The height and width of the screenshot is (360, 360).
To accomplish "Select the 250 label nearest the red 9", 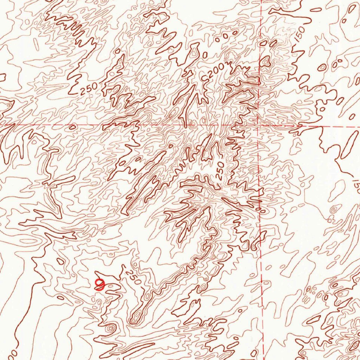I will [x=133, y=277].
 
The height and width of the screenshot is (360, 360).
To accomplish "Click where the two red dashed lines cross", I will [x=258, y=125].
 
